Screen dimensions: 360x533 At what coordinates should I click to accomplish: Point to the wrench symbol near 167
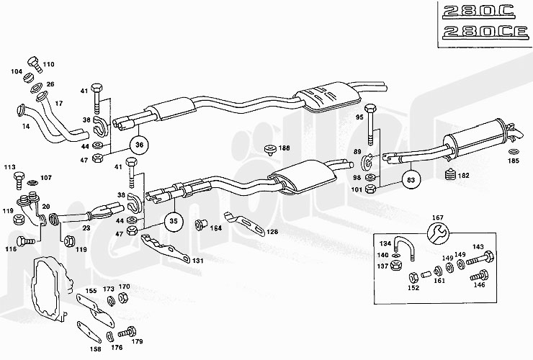point(436,233)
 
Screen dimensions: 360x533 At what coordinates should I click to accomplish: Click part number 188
point(285,148)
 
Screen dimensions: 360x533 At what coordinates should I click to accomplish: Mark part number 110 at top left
point(48,64)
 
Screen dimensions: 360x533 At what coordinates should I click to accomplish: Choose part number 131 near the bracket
point(197,261)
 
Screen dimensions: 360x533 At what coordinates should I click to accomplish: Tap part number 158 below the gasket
point(96,349)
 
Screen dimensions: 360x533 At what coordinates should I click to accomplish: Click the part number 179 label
point(137,341)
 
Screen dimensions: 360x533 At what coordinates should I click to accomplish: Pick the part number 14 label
point(26,126)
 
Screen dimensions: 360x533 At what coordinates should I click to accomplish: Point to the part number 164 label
point(215,229)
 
